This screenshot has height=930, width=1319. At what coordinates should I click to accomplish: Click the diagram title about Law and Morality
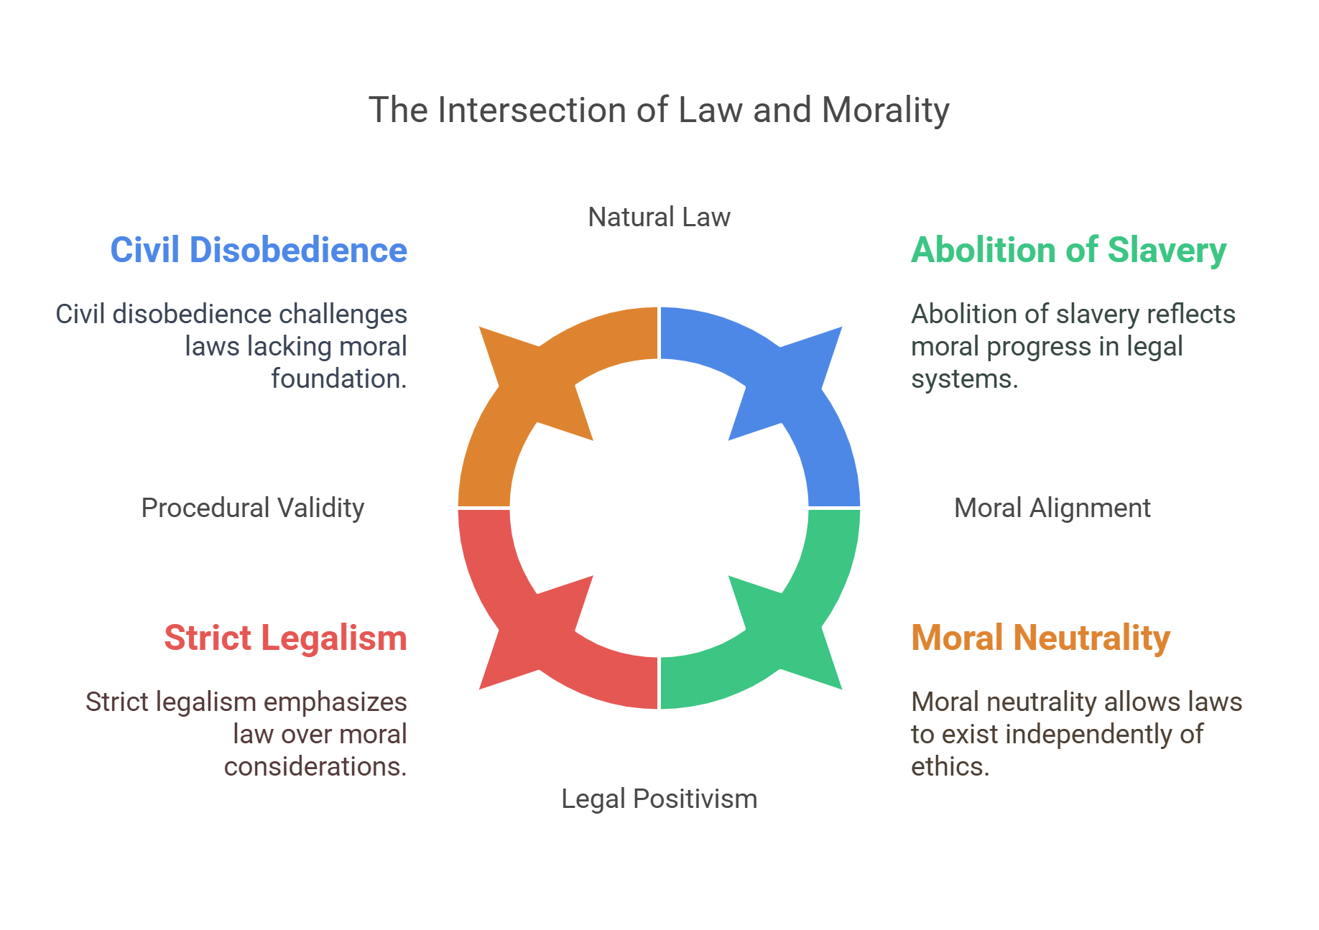click(x=659, y=111)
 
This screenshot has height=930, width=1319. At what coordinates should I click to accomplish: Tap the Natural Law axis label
click(x=659, y=217)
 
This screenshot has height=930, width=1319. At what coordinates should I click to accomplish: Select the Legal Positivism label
click(x=659, y=799)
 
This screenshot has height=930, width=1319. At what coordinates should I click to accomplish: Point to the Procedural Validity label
click(x=252, y=508)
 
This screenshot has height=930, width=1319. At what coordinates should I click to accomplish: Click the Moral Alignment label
click(x=1052, y=508)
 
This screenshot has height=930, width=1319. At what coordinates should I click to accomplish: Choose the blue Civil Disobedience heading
click(x=259, y=250)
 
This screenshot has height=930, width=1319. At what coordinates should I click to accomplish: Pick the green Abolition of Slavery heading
click(x=1068, y=250)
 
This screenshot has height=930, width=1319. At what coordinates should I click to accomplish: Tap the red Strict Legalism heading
click(x=285, y=638)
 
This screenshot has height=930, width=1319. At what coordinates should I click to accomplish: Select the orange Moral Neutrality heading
click(x=1040, y=638)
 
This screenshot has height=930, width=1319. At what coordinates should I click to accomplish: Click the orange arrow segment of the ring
click(x=503, y=417)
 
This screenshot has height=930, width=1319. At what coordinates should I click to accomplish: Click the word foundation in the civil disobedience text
click(x=338, y=378)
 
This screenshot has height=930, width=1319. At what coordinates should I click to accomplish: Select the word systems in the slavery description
click(x=963, y=378)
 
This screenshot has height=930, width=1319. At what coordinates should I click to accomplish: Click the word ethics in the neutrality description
click(x=949, y=766)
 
